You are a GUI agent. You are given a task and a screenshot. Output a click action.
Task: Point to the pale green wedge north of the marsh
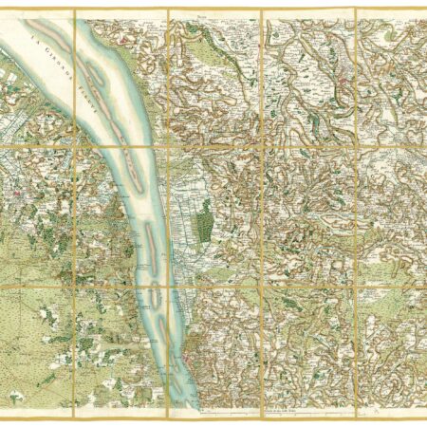tap(180, 152)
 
